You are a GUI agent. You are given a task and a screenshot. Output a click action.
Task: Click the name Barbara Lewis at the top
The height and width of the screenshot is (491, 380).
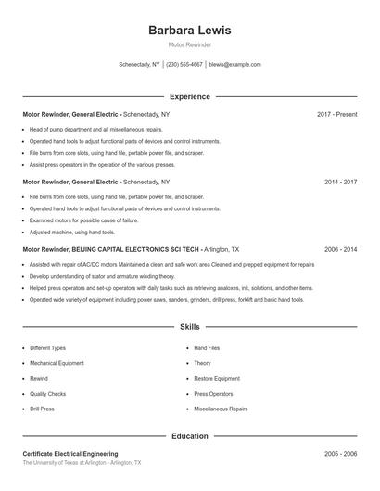click(x=189, y=30)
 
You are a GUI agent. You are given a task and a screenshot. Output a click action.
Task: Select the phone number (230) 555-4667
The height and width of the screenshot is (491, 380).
click(x=184, y=65)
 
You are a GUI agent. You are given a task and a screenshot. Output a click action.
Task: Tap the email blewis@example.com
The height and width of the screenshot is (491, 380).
click(x=234, y=65)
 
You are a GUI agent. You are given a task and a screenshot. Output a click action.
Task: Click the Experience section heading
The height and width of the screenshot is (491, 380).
click(x=189, y=96)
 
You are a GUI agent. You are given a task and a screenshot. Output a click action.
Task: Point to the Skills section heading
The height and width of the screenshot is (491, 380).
click(x=189, y=327)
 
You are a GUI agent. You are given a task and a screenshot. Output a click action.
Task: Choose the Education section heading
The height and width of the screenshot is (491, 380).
click(x=189, y=435)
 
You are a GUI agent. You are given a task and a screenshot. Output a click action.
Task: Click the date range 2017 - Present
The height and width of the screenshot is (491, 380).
click(x=336, y=114)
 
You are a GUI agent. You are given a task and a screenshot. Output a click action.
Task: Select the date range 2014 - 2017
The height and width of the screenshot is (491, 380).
click(x=340, y=182)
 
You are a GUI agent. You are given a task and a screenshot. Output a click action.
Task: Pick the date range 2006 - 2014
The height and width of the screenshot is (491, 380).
click(x=340, y=249)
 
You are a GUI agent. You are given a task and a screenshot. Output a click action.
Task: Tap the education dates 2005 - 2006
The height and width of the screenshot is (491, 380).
click(x=340, y=454)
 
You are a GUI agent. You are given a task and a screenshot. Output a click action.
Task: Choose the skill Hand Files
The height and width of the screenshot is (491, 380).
click(x=207, y=348)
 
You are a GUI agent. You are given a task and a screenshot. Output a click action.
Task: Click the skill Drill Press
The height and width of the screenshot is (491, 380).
click(x=43, y=409)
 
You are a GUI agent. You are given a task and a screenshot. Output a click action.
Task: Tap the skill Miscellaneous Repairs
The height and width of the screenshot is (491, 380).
click(x=221, y=409)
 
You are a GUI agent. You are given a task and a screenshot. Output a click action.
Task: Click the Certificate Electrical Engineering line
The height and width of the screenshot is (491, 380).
click(x=70, y=454)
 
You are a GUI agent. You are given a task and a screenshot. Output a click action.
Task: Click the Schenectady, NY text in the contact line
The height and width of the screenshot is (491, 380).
click(x=139, y=65)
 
